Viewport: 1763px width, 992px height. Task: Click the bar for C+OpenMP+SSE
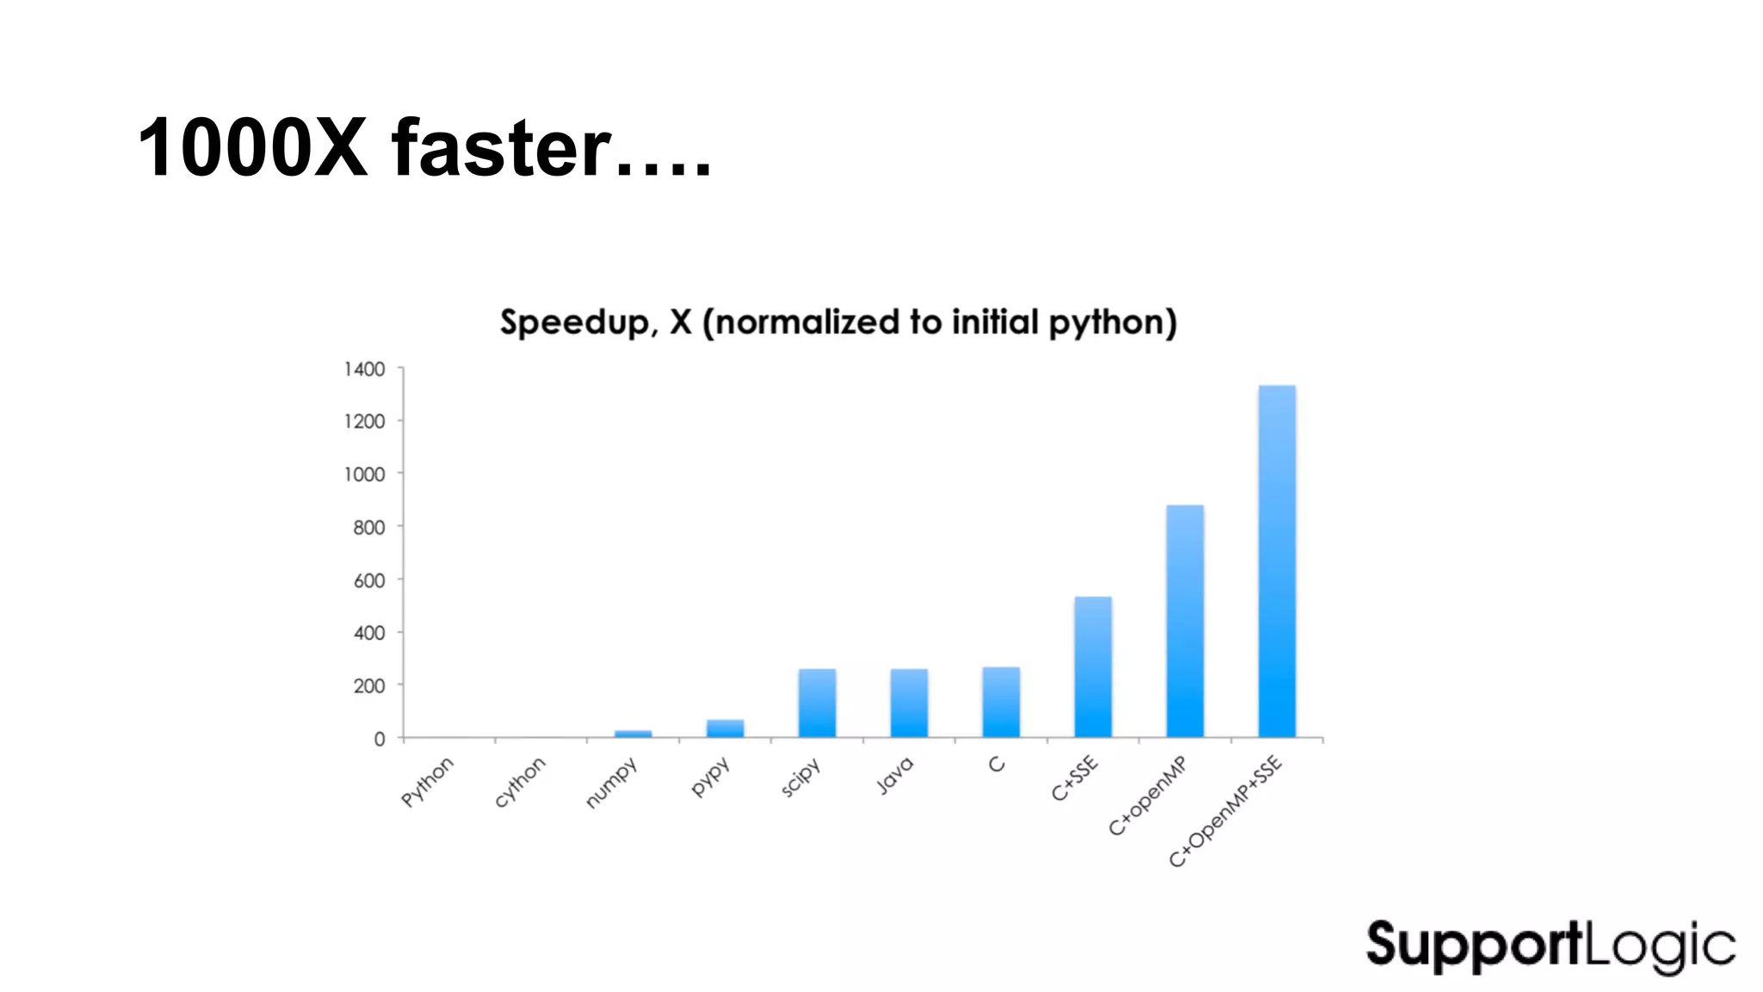(1277, 561)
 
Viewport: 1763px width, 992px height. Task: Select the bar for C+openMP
(1185, 621)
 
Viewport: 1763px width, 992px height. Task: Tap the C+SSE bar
(1092, 666)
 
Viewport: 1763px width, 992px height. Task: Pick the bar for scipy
(817, 703)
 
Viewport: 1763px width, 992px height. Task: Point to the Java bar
(909, 703)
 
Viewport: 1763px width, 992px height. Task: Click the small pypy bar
(725, 728)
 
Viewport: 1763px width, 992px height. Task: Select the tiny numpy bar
(633, 734)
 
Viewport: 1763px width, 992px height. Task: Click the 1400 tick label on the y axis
(364, 369)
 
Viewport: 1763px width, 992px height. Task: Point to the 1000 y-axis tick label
(364, 474)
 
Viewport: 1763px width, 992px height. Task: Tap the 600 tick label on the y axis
(368, 580)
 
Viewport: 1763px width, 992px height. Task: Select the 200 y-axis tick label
(368, 686)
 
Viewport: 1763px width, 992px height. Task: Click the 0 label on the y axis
(379, 739)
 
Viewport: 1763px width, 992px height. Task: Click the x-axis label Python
(427, 782)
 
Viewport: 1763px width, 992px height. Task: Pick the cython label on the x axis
(519, 782)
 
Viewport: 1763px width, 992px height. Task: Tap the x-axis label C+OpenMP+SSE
(1225, 811)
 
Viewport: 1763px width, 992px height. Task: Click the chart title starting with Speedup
(838, 322)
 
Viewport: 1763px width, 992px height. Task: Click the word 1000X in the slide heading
(252, 148)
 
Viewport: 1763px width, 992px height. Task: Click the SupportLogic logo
(1550, 945)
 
